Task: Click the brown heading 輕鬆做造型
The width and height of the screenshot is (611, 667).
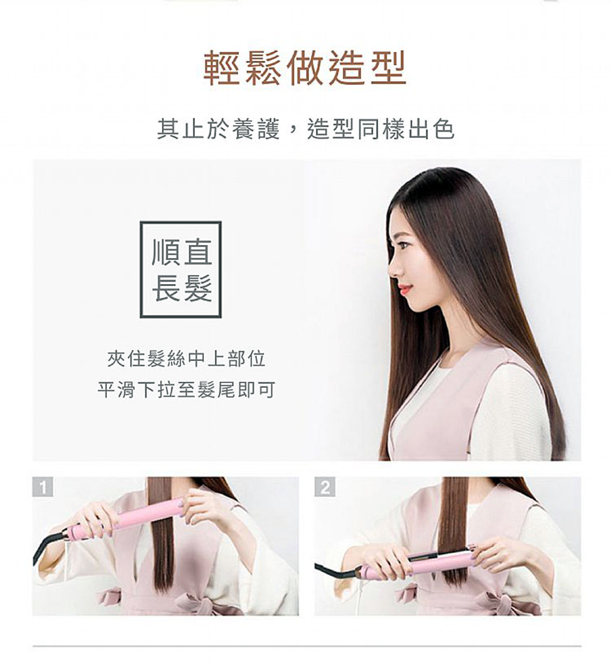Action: [305, 68]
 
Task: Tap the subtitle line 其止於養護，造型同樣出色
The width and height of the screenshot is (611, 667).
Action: [306, 129]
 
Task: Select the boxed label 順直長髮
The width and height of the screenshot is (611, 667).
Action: [181, 269]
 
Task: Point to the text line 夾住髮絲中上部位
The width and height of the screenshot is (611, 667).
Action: [186, 359]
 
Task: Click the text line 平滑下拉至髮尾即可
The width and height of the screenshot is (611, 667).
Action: [186, 389]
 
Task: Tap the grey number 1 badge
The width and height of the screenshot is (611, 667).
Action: [43, 487]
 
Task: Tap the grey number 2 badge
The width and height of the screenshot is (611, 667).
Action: [324, 487]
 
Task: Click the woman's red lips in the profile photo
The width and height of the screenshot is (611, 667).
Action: [405, 289]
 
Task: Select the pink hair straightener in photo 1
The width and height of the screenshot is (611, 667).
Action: [128, 517]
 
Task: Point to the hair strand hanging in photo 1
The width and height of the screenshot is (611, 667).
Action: [159, 536]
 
